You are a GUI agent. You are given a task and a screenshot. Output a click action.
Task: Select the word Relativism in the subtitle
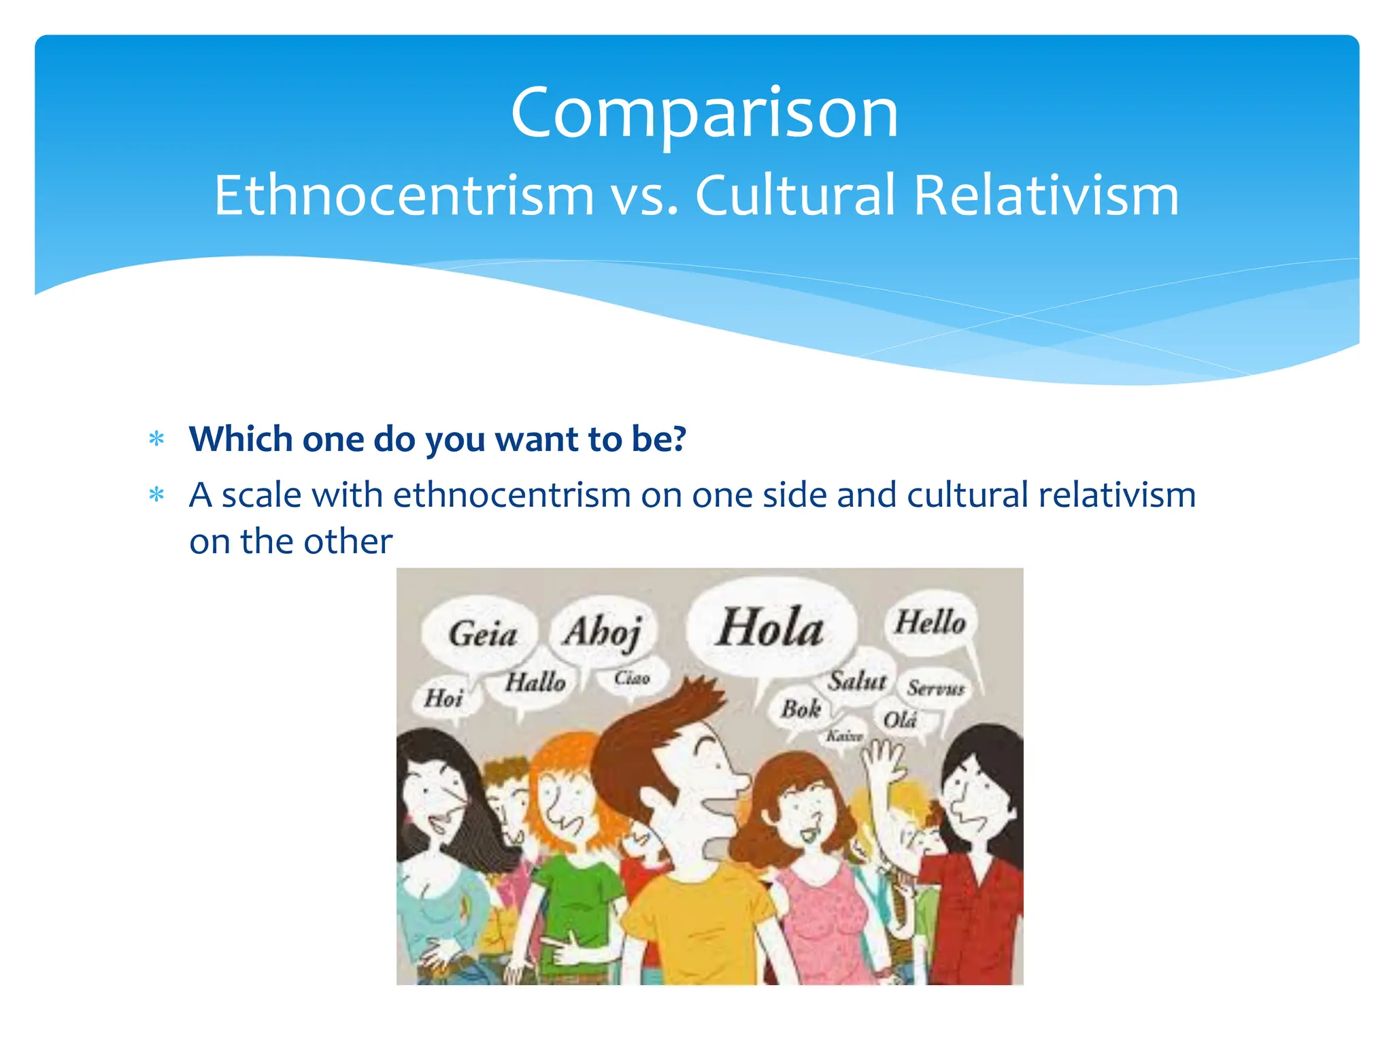point(1046,195)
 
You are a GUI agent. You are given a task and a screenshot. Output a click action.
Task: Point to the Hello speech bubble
point(930,623)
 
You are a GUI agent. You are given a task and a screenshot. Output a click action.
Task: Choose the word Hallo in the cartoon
point(535,682)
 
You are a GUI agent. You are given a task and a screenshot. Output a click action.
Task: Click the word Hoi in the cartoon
point(443,697)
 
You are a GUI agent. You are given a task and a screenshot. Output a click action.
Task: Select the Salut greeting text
point(857,680)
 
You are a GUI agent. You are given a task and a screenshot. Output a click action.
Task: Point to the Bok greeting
point(801,710)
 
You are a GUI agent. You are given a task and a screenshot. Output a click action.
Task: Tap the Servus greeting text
point(935,689)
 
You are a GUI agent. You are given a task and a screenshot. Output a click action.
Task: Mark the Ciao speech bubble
point(632,678)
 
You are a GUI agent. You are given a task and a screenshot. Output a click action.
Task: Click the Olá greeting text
point(900,719)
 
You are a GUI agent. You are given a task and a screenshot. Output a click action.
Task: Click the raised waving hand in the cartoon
point(884,759)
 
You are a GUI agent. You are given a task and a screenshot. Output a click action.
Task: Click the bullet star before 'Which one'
point(157,439)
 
